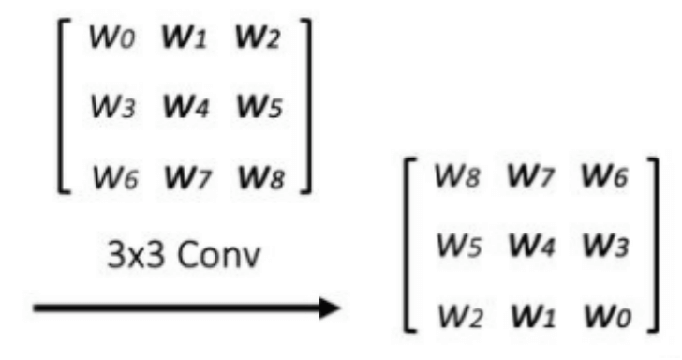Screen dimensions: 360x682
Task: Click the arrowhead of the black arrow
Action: [327, 307]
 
